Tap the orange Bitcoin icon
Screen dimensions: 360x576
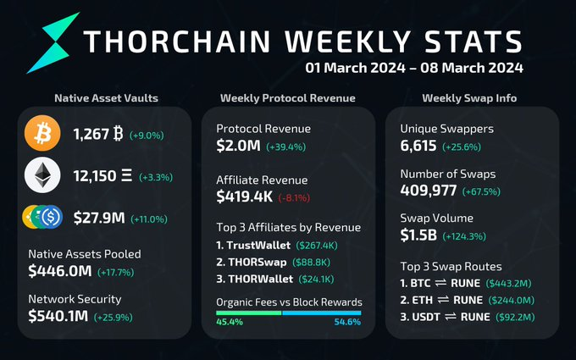tap(42, 134)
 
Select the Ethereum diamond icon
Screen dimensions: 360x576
tap(42, 176)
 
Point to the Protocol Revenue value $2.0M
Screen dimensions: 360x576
tap(238, 146)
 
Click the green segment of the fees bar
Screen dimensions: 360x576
tap(248, 313)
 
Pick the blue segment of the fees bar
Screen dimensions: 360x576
tap(321, 313)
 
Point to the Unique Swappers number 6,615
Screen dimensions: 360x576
tap(418, 146)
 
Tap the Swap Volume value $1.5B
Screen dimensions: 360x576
tap(421, 236)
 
